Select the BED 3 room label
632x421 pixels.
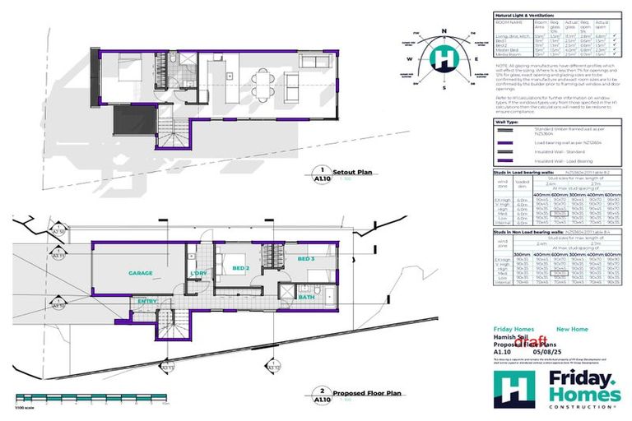coord(306,260)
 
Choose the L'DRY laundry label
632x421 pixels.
coord(199,272)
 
